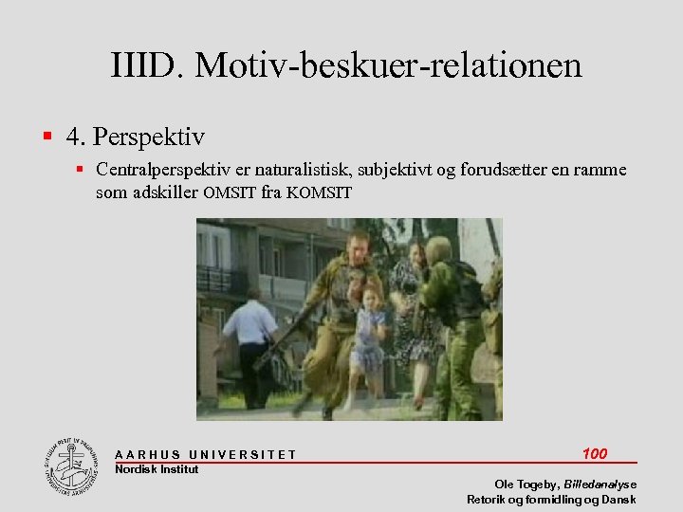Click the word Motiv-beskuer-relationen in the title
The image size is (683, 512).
(x=392, y=66)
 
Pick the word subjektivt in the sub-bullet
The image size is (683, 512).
(x=389, y=171)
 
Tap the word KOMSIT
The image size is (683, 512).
(x=319, y=193)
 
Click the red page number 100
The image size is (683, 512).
(x=595, y=453)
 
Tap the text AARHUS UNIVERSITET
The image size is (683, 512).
(x=206, y=455)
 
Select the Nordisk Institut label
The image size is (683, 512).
(x=157, y=469)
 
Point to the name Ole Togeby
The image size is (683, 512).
(x=526, y=484)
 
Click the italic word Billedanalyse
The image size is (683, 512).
(x=600, y=484)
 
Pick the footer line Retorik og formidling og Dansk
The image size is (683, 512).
(x=551, y=500)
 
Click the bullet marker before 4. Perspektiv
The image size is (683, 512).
(x=47, y=138)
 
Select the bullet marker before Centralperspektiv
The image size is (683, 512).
(x=83, y=171)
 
